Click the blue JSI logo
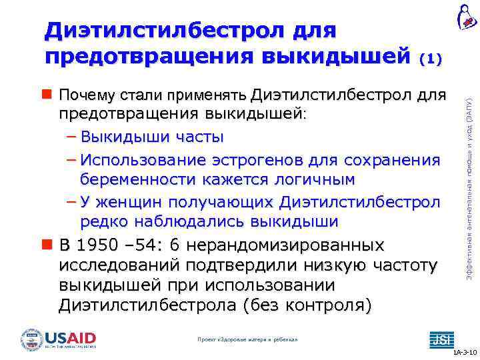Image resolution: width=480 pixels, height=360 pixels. (x=441, y=339)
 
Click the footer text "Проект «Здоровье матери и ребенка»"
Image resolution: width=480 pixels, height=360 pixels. (x=247, y=339)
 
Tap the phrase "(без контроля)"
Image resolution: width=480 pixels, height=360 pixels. (x=307, y=306)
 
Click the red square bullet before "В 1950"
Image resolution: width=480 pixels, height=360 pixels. (x=48, y=245)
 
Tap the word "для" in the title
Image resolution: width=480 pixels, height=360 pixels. (x=313, y=31)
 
